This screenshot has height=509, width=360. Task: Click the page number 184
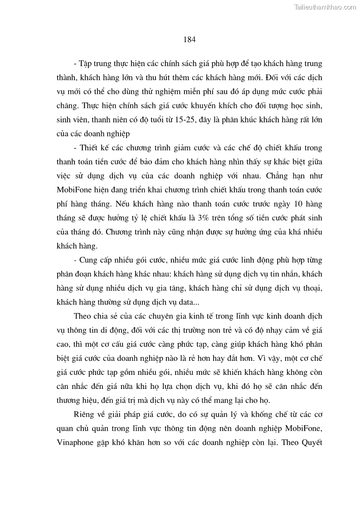pyautogui.click(x=190, y=39)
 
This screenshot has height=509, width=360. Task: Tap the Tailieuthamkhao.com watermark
pyautogui.click(x=325, y=7)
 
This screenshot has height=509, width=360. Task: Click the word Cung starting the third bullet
pyautogui.click(x=89, y=260)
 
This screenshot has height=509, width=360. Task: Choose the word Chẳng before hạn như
pyautogui.click(x=271, y=176)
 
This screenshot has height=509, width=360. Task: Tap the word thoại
pyautogui.click(x=311, y=287)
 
